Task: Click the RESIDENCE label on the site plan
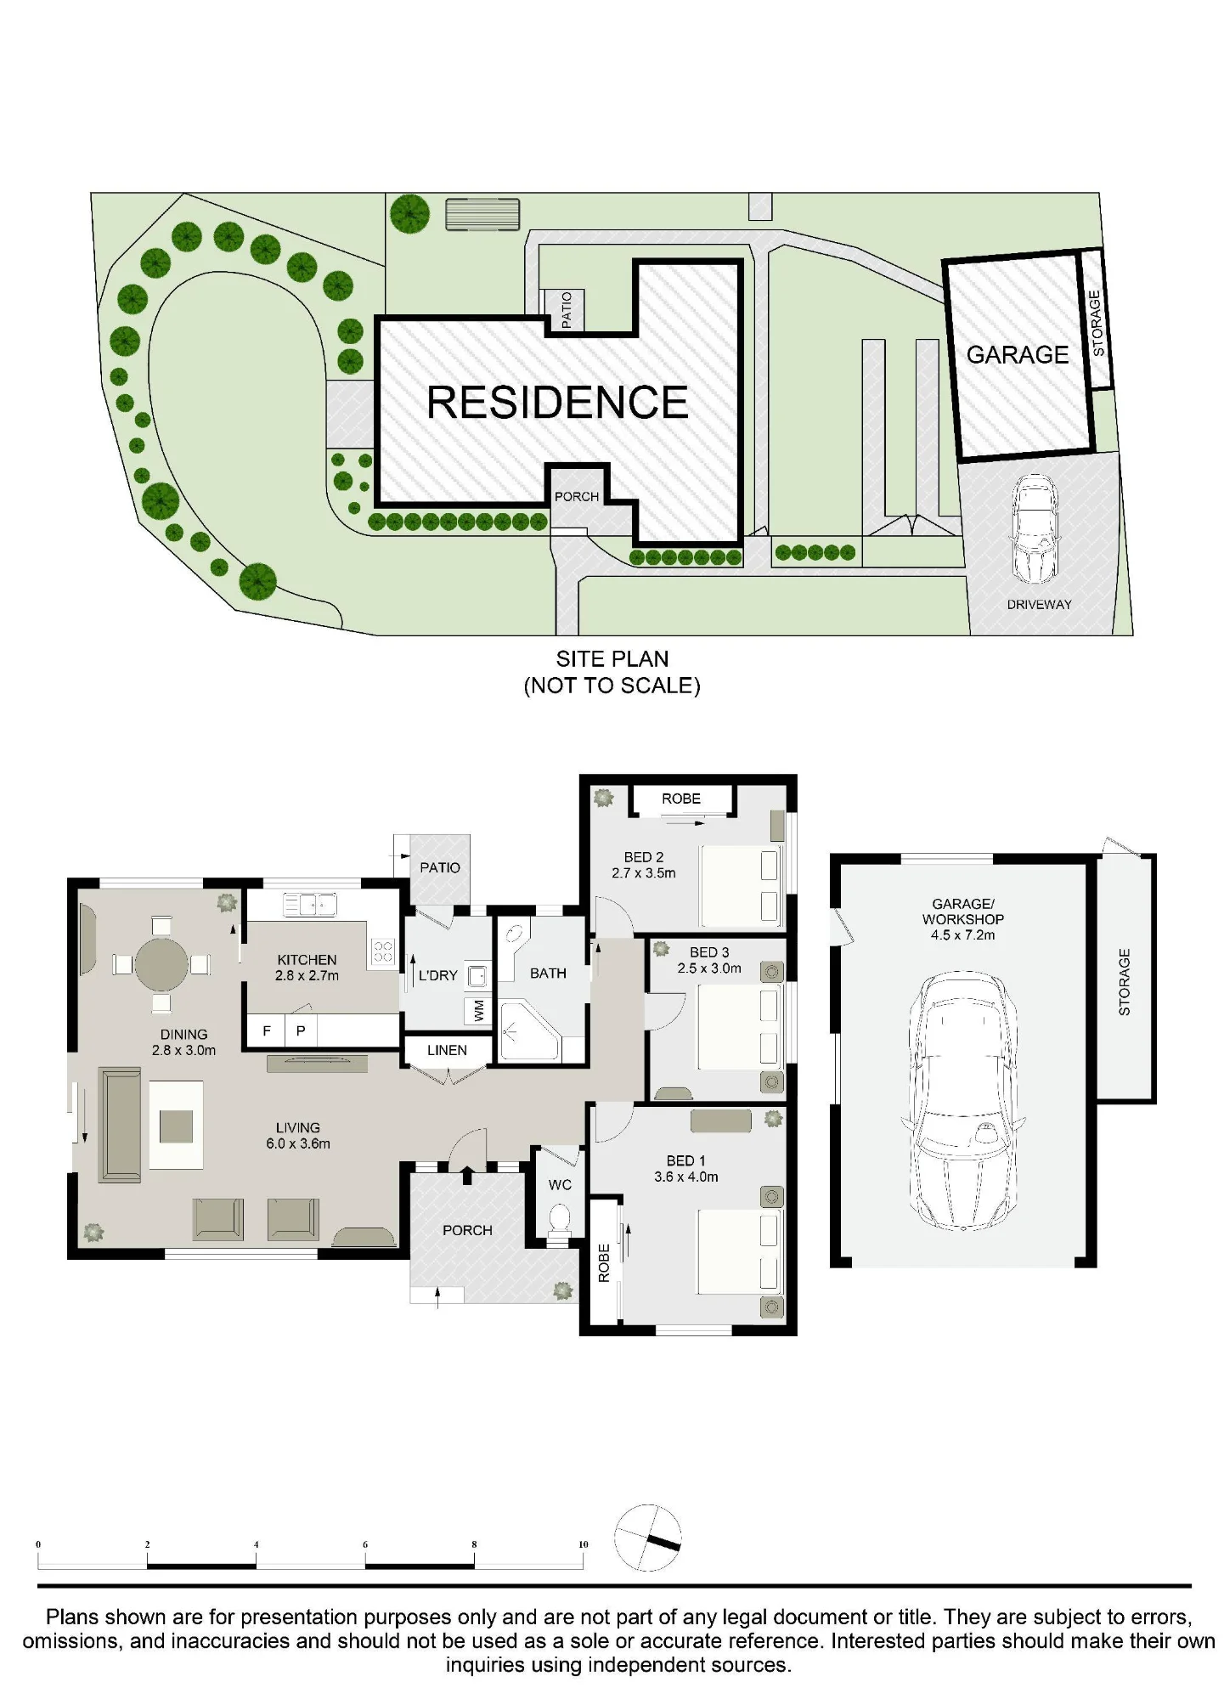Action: [557, 403]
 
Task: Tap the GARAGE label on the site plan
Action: [1018, 354]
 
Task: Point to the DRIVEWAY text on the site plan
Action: [1039, 605]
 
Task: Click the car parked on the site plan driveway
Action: [1035, 528]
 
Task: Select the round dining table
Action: [161, 964]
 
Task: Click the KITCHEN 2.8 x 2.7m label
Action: [307, 968]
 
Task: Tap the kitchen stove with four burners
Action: [383, 951]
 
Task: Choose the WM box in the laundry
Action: [478, 1010]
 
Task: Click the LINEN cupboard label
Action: [447, 1051]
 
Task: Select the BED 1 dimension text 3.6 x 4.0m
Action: [686, 1177]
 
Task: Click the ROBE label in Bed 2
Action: [681, 799]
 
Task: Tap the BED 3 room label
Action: [709, 953]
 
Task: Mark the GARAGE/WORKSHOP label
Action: [963, 912]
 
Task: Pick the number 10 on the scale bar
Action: [583, 1544]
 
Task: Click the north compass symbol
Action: [648, 1538]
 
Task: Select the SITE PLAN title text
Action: [612, 659]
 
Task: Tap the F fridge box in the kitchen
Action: [267, 1031]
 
